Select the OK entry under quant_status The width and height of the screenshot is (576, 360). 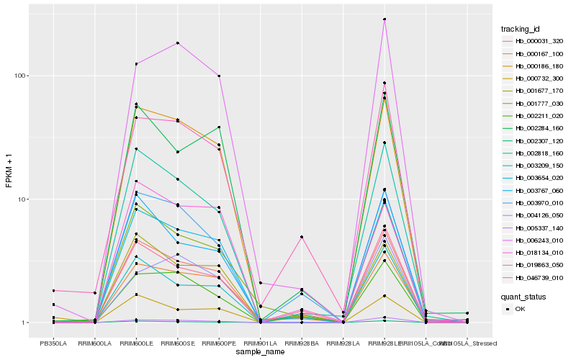(520, 309)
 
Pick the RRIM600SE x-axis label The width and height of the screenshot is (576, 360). (177, 343)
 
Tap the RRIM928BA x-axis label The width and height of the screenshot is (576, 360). (302, 343)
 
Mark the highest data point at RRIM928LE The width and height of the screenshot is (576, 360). (384, 19)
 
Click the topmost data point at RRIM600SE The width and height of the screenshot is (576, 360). (177, 43)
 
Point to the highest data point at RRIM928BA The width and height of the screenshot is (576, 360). (302, 237)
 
